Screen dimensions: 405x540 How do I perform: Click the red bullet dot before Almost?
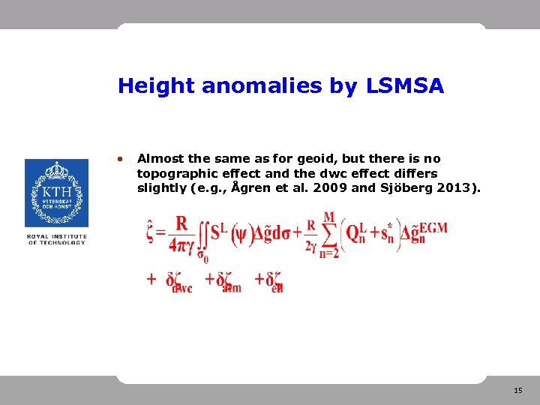pos(120,159)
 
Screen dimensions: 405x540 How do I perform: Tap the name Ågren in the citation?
pos(248,187)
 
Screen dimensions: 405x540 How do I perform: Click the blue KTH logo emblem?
pos(56,193)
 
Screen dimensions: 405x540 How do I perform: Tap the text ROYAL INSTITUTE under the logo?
pos(56,237)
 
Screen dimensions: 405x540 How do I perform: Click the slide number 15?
pos(518,391)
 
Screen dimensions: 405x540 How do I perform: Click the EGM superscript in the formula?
pos(433,227)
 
